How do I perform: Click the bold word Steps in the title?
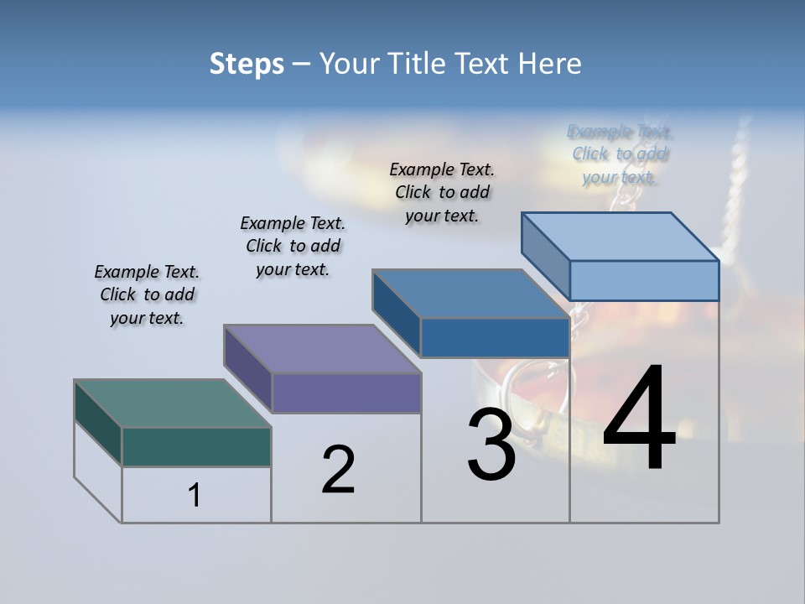[247, 64]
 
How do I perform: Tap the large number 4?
[639, 419]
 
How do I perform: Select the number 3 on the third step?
[491, 444]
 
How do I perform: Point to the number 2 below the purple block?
[338, 470]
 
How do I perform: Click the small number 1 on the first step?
[195, 496]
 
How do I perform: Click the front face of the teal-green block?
[196, 446]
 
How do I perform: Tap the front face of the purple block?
[345, 393]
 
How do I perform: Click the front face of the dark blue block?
[495, 337]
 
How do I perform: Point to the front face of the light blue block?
[644, 280]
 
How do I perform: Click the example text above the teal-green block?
[147, 294]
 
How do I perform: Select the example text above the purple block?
[293, 246]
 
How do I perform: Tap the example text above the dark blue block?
[442, 192]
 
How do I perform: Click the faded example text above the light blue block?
[620, 154]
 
